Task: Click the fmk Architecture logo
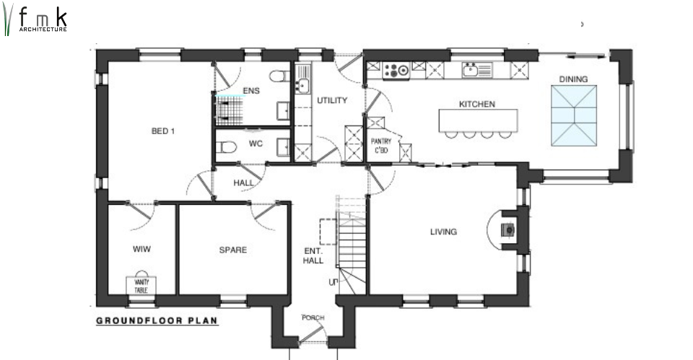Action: [x=35, y=20]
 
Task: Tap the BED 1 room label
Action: [x=163, y=131]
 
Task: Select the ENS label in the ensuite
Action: [x=251, y=91]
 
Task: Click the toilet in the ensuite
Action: [x=279, y=76]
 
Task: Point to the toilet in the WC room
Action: [x=226, y=146]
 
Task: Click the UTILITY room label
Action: [x=332, y=101]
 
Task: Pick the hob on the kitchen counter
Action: [x=396, y=71]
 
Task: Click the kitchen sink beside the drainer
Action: [x=470, y=70]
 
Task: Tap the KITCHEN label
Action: [x=477, y=104]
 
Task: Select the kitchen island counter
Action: [x=478, y=120]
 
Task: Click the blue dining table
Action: [x=574, y=115]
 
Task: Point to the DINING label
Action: [x=573, y=79]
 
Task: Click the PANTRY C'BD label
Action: [x=380, y=146]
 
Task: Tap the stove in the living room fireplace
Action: [x=507, y=229]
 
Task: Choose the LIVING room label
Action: [x=443, y=232]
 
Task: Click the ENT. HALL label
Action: [x=313, y=256]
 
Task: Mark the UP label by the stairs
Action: [x=333, y=282]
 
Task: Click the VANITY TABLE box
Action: [x=141, y=286]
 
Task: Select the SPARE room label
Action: [x=233, y=250]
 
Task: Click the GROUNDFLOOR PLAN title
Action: [x=157, y=321]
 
